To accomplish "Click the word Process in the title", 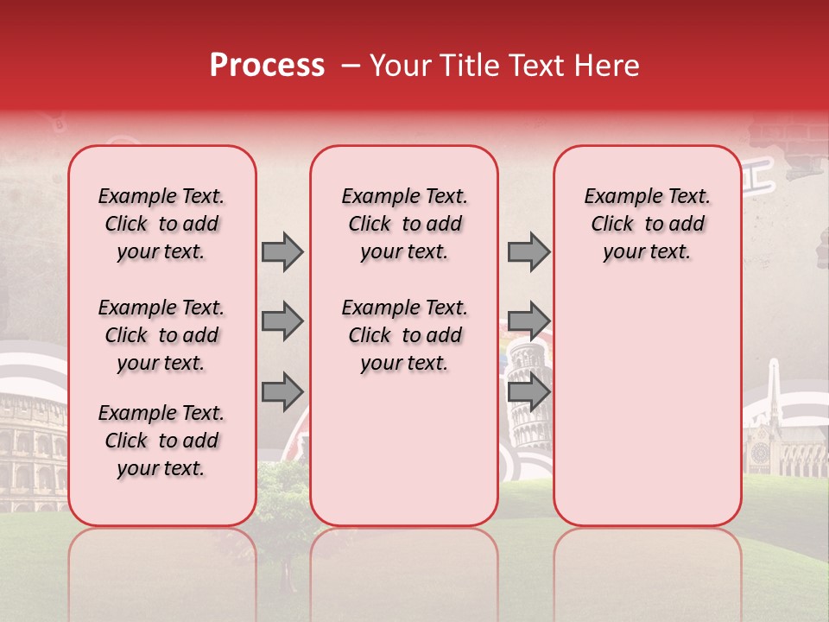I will [267, 65].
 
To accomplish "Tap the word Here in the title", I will [605, 65].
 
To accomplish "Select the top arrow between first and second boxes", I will [282, 251].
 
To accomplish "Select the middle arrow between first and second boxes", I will [282, 321].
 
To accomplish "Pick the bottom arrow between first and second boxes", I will [282, 392].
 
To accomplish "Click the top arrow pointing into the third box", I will [528, 251].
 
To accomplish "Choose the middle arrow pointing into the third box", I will [528, 321].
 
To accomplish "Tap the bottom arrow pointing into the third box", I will [528, 392].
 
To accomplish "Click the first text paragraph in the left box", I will [161, 224].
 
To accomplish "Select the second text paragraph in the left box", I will [161, 335].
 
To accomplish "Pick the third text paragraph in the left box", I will [161, 441].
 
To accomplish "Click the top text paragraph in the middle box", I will [404, 224].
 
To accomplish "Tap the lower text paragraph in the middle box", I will [404, 335].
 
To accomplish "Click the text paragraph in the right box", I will [647, 224].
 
